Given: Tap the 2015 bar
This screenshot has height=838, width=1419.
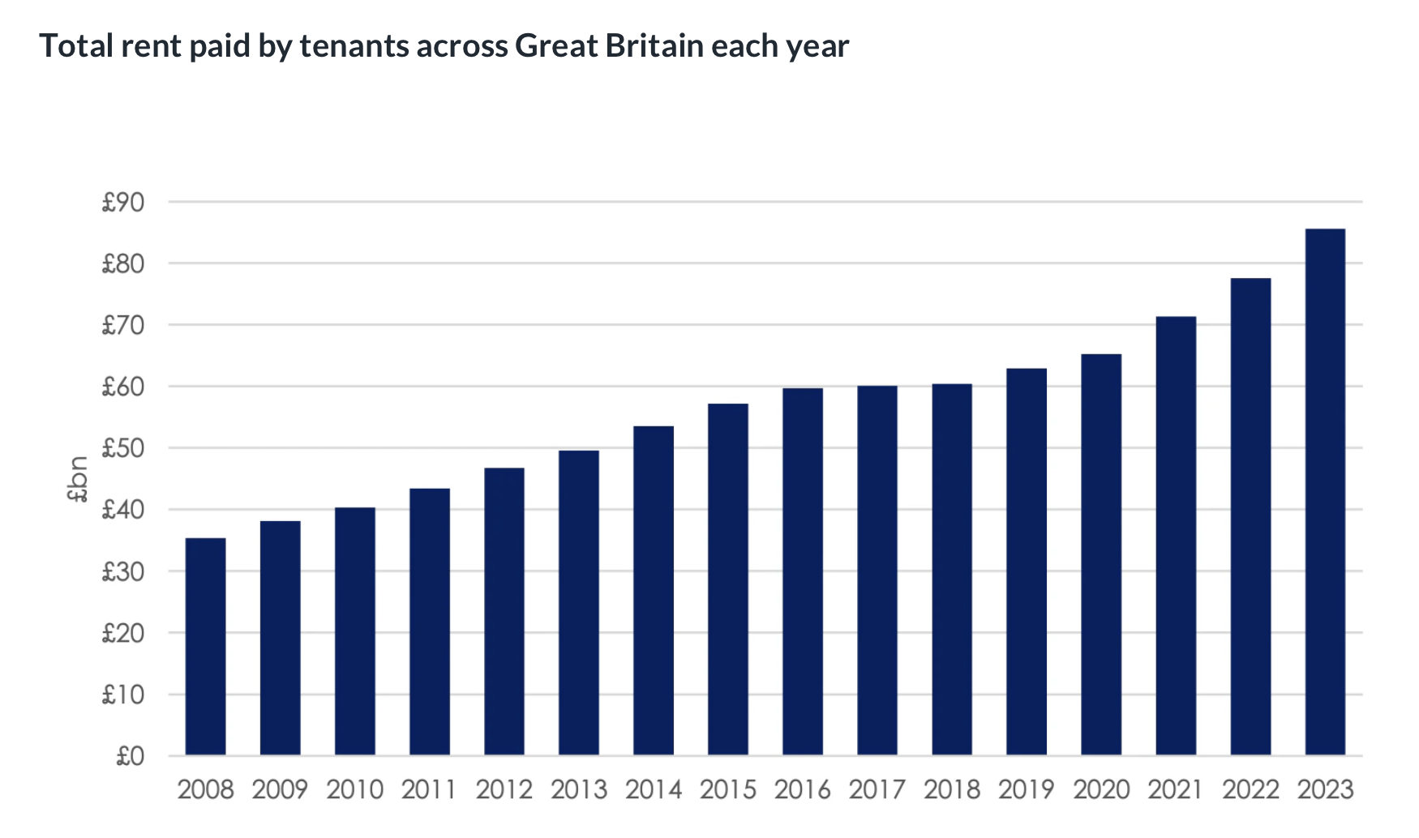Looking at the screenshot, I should coord(727,579).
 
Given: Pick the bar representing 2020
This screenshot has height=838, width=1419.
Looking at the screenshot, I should coord(1101,554).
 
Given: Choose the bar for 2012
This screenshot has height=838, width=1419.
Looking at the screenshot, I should coord(504,611).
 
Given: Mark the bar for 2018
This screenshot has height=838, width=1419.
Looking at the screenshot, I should coord(952,570).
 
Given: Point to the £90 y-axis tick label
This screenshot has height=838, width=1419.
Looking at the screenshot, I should coord(123,202).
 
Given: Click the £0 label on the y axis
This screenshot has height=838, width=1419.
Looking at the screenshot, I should coord(130,756).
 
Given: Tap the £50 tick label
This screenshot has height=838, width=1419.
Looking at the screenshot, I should coord(123,448).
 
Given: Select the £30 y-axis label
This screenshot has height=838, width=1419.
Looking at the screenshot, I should coord(123,571).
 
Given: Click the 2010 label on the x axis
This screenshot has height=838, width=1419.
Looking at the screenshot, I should coord(354,789).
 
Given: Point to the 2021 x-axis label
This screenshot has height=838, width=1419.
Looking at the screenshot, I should coord(1176,789).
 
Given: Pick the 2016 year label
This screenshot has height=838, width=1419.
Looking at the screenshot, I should coord(802,789).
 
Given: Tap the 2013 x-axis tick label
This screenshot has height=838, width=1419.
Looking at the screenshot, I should coord(578,789).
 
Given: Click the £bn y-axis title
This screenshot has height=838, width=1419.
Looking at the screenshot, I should coord(78,479).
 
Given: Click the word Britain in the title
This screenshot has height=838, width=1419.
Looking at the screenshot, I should coord(654,46).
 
